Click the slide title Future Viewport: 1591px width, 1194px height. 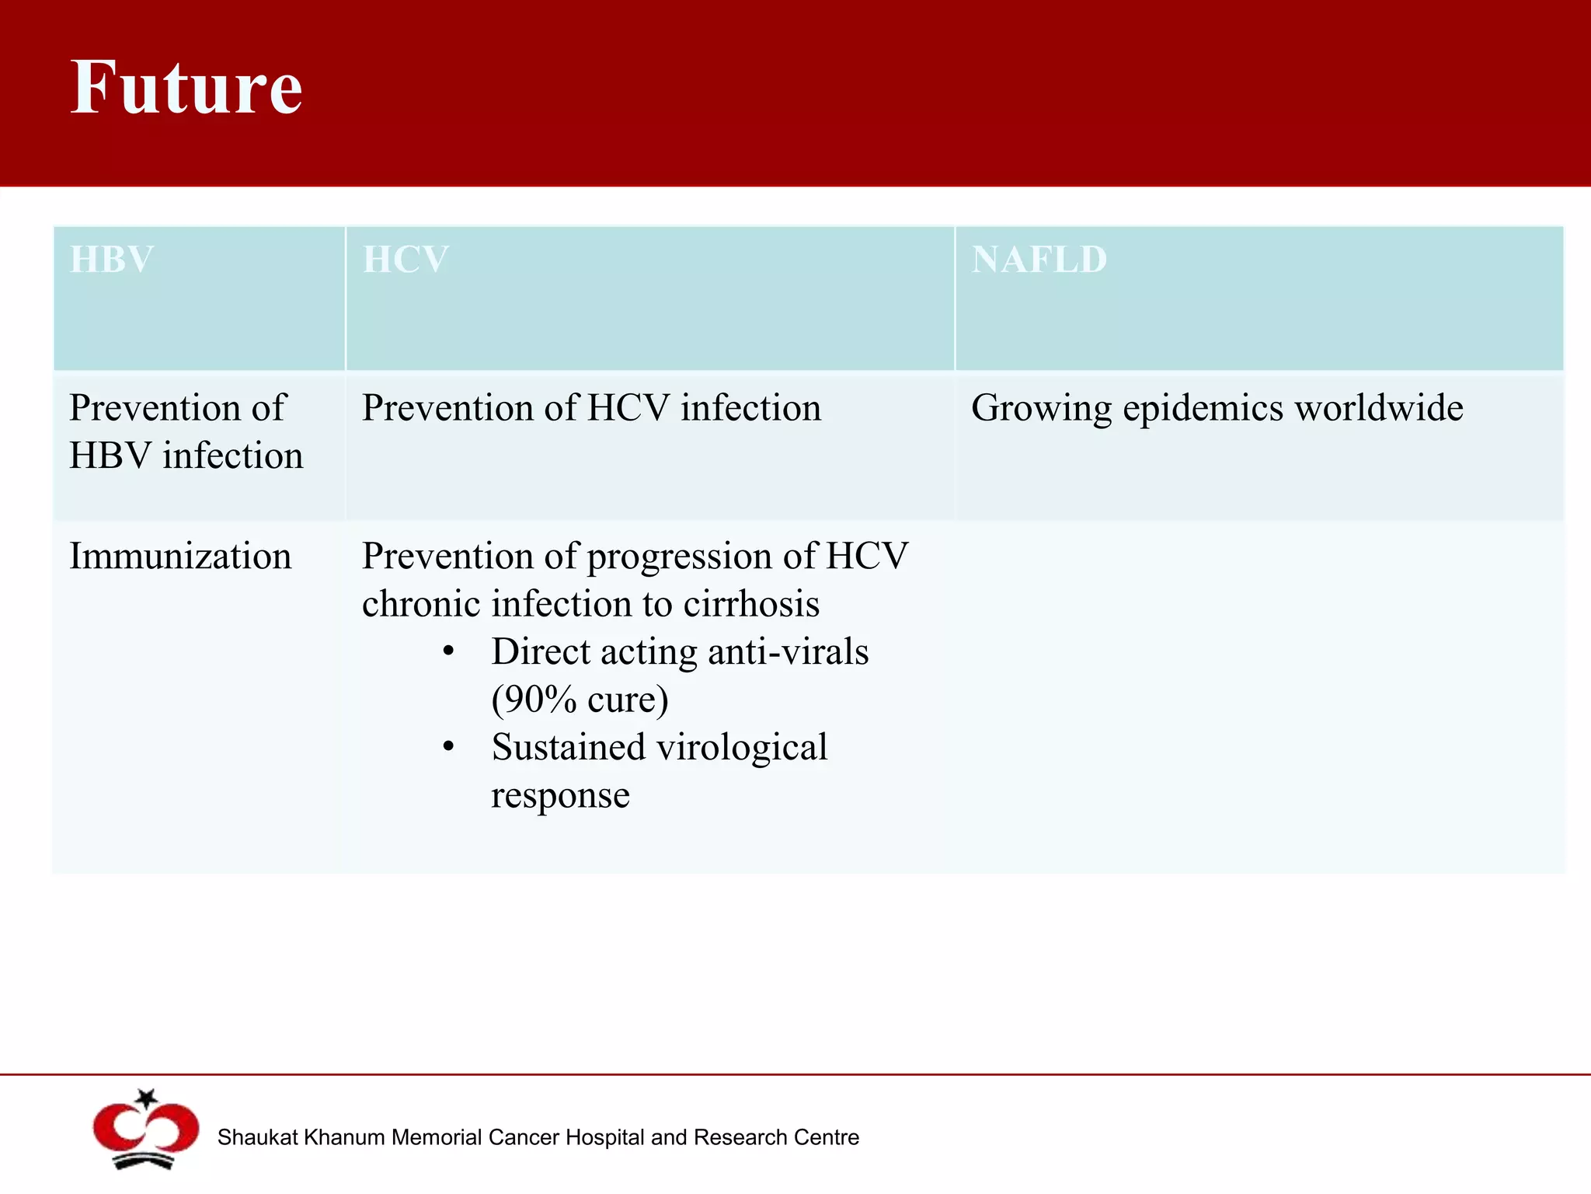click(x=186, y=87)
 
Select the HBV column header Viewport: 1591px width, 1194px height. click(x=111, y=259)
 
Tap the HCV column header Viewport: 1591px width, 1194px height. click(x=406, y=259)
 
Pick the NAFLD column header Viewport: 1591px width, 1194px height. click(x=1039, y=259)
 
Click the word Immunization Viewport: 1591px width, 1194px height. click(x=180, y=557)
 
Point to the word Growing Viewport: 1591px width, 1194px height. click(x=1042, y=409)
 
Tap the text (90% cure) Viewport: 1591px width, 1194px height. click(x=580, y=700)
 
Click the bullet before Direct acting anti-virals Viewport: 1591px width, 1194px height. click(x=448, y=652)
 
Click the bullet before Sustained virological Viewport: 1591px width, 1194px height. click(x=448, y=748)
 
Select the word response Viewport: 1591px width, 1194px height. click(x=560, y=796)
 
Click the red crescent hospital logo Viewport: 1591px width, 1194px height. click(x=145, y=1132)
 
